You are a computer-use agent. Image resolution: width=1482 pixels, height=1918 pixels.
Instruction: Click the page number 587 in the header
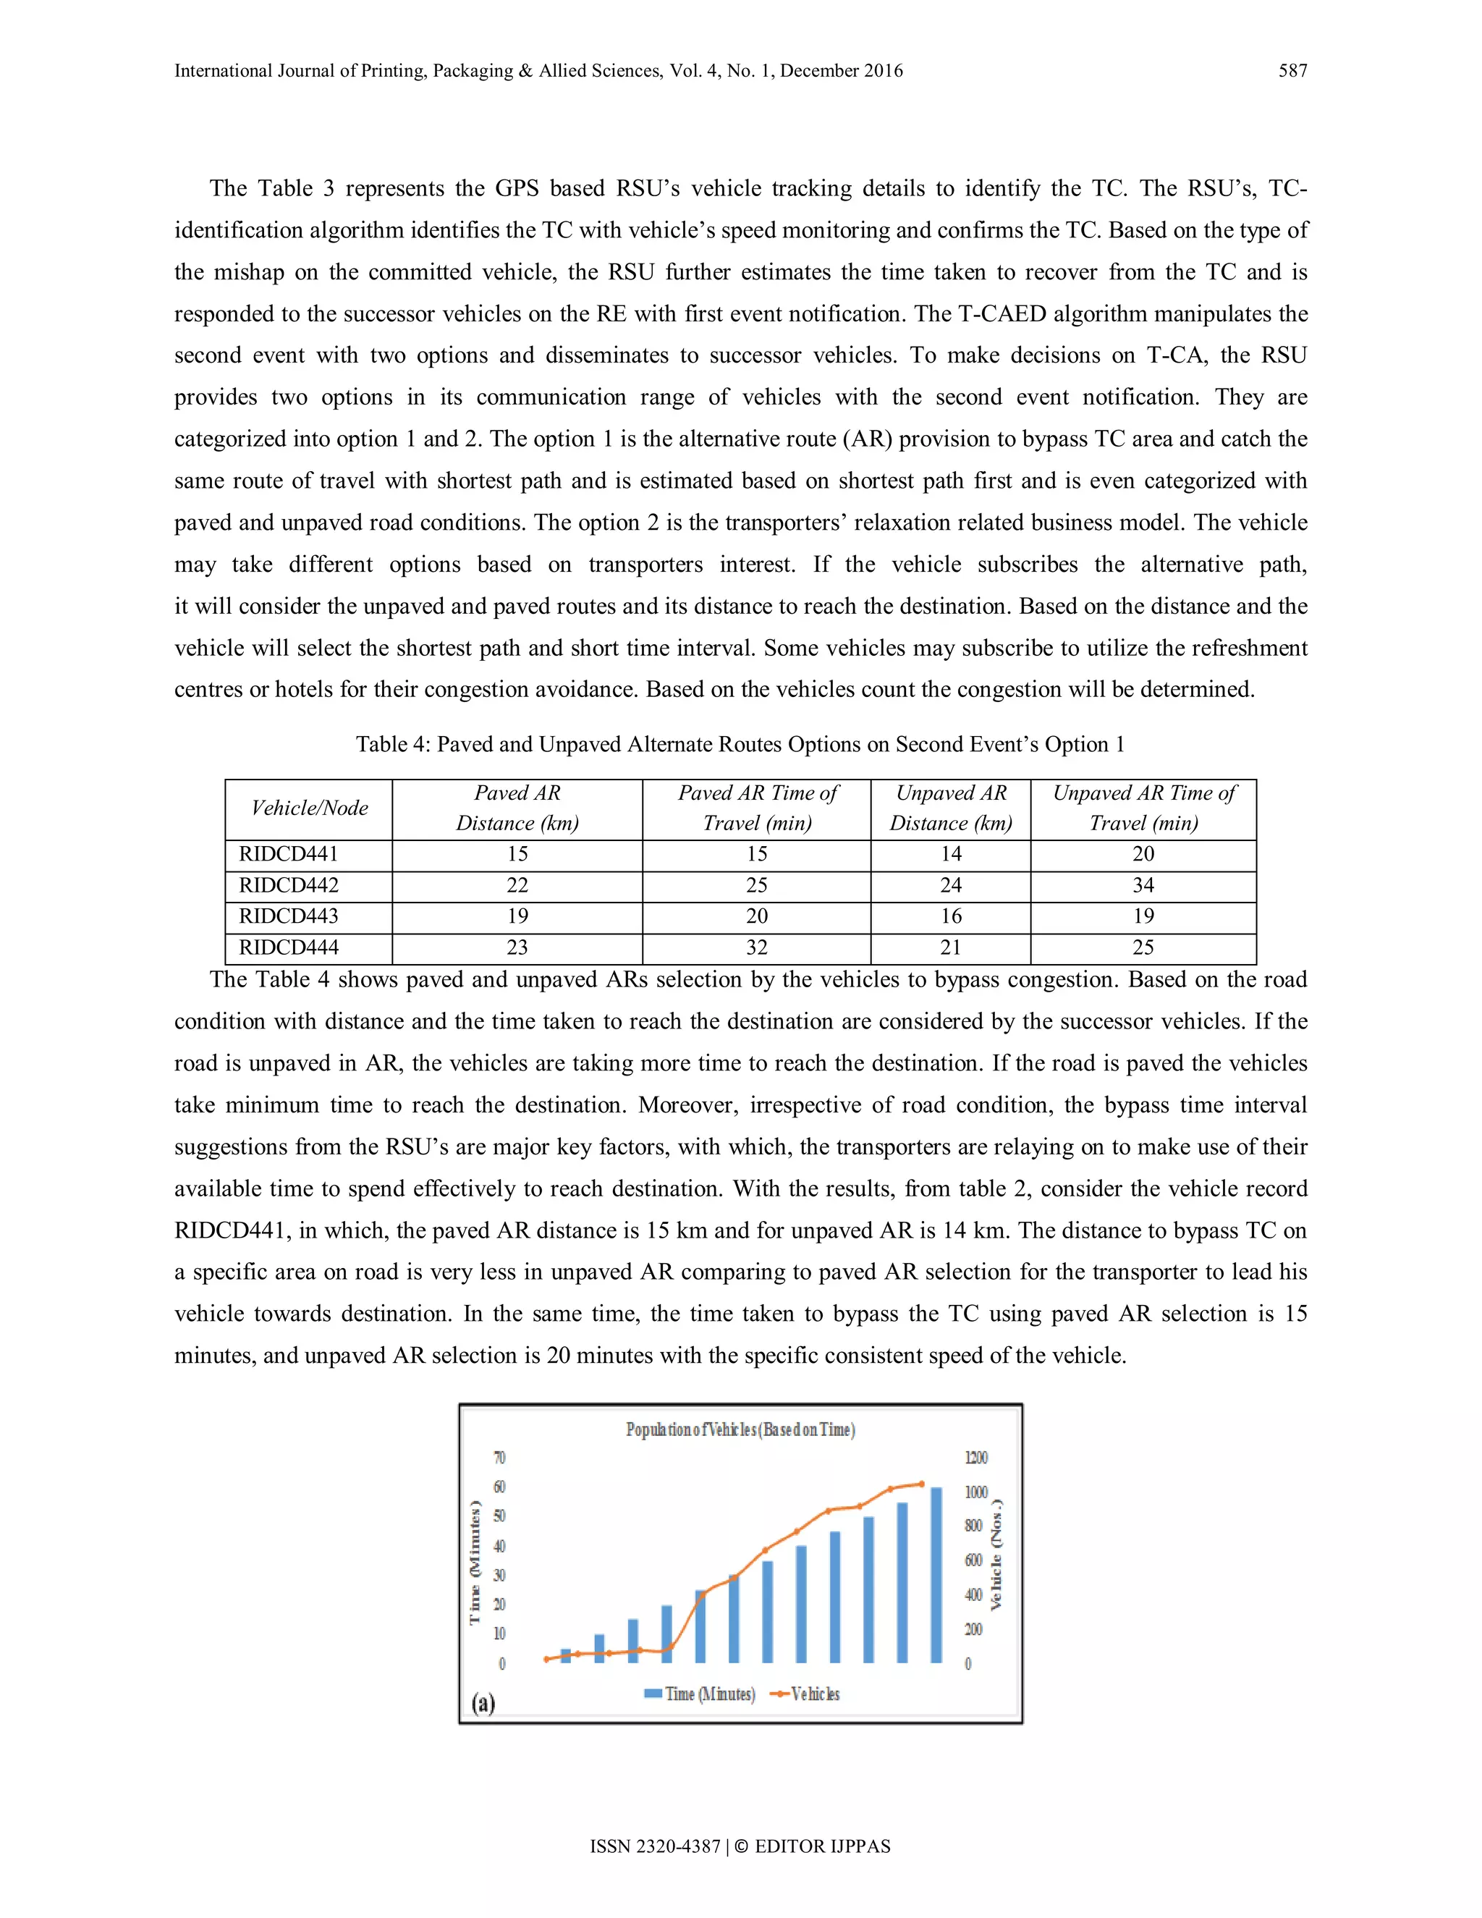point(1292,71)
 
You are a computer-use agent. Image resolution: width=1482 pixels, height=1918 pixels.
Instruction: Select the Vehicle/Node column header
point(309,808)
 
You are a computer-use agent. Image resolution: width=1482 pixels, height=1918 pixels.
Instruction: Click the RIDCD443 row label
point(288,916)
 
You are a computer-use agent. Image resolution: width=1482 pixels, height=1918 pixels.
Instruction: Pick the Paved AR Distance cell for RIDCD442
point(517,885)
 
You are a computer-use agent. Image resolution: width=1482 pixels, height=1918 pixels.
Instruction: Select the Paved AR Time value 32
point(756,947)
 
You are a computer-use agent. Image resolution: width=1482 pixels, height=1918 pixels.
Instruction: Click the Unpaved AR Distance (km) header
point(950,808)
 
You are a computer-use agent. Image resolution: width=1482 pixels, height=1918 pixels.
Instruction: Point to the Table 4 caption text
point(740,745)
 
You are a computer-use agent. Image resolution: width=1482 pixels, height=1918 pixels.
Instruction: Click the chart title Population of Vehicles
point(740,1429)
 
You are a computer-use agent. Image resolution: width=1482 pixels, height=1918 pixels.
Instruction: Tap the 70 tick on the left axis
point(499,1458)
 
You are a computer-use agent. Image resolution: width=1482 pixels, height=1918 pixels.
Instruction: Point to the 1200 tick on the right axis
point(975,1458)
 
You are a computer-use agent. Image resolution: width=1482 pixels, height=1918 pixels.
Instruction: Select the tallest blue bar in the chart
point(936,1573)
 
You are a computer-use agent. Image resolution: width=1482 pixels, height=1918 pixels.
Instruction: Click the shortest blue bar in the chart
point(565,1655)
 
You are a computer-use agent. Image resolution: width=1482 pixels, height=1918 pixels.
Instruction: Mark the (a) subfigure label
point(483,1704)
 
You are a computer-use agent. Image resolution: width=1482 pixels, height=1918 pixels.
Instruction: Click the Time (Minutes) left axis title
point(475,1563)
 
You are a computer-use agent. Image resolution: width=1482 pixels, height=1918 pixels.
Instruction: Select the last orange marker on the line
point(921,1484)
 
